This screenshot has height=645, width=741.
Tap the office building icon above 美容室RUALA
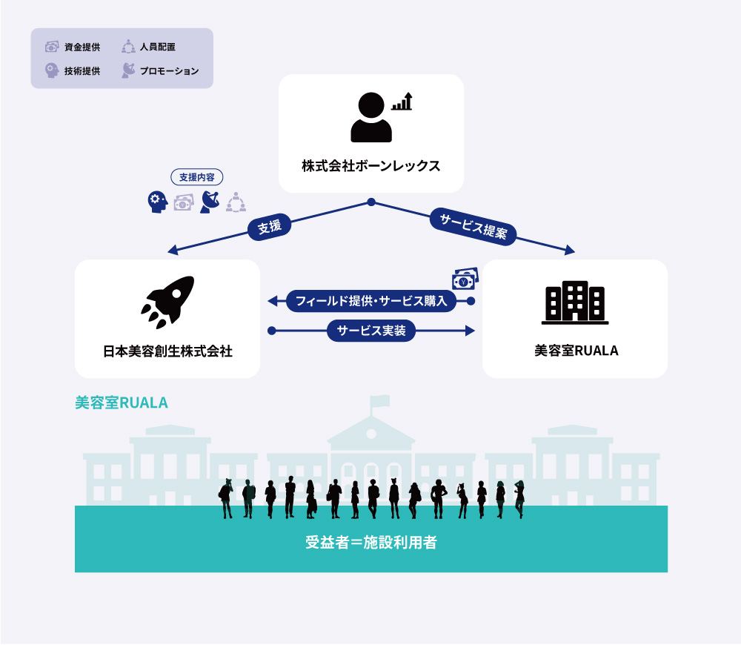coord(575,302)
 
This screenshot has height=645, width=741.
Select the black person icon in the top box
coord(371,117)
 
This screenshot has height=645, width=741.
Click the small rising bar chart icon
coord(402,101)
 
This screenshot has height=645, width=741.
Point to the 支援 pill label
coord(270,227)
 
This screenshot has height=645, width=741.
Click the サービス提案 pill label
coord(473,226)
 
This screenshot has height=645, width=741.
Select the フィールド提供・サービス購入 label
coord(371,301)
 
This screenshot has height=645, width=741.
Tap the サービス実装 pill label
coord(371,331)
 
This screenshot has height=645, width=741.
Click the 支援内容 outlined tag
coord(196,177)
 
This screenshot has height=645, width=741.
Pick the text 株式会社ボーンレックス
coord(371,166)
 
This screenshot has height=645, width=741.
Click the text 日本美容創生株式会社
coord(167,351)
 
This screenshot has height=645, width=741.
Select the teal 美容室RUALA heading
coord(122,403)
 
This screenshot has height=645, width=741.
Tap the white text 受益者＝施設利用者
coord(371,542)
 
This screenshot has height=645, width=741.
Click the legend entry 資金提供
coord(73,47)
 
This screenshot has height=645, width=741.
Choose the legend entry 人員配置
coord(148,47)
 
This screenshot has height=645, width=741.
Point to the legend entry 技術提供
coord(73,71)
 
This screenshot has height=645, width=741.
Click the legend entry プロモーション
coord(160,71)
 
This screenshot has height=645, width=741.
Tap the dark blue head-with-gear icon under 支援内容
coord(157,202)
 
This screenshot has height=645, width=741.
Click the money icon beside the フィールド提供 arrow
coord(465,279)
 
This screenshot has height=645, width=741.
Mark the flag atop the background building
coord(380,401)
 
